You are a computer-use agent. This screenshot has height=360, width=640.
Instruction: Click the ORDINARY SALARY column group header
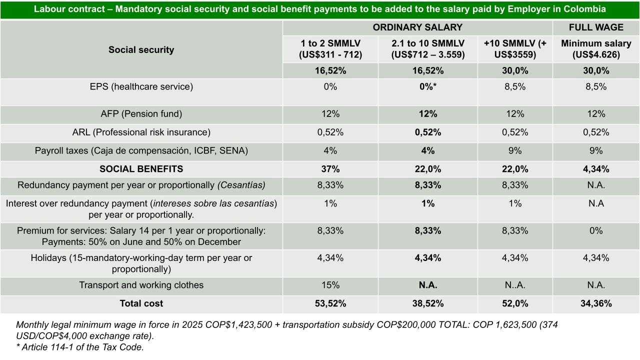[x=417, y=27]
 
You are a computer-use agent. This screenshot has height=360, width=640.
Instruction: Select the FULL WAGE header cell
[x=596, y=27]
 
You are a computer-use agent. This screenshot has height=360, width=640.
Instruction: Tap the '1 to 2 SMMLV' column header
[x=330, y=49]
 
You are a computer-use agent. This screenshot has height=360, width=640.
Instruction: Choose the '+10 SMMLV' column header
[x=515, y=49]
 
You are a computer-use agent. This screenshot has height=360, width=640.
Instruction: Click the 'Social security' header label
[x=141, y=49]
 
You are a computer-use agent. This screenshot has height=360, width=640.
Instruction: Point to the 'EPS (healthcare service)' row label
[x=141, y=86]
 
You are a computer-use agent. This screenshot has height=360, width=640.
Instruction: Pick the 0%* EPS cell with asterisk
[x=427, y=86]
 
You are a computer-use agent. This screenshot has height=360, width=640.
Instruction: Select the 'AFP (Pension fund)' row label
[x=141, y=114]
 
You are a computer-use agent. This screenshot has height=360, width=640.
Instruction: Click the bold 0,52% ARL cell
[x=427, y=132]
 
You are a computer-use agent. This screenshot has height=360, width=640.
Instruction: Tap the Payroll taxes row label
[x=141, y=150]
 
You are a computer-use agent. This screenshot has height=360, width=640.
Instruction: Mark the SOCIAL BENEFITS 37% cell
[x=330, y=169]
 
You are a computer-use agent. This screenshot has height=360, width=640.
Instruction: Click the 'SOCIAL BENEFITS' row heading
[x=141, y=169]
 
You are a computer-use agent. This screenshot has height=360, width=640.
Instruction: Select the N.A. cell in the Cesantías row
[x=596, y=185]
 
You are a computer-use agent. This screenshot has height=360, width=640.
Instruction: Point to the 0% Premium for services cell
[x=596, y=231]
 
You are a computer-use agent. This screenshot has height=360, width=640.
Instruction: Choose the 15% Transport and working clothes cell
[x=330, y=285]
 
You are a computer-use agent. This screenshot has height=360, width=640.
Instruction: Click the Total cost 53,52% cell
[x=330, y=303]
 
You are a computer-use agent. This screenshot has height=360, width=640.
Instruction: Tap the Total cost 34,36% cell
[x=596, y=303]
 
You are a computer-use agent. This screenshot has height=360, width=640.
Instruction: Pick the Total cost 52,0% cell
[x=515, y=303]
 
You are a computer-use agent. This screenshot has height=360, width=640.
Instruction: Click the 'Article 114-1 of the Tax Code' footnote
[x=80, y=347]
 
